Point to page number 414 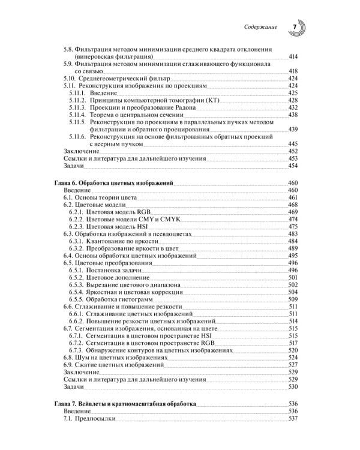click(293, 56)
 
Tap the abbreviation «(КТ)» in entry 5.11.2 click(212, 100)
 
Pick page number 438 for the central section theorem click(293, 115)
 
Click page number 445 click(293, 144)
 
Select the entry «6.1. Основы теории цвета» click(101, 197)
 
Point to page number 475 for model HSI click(293, 227)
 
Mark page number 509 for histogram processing click(293, 299)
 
